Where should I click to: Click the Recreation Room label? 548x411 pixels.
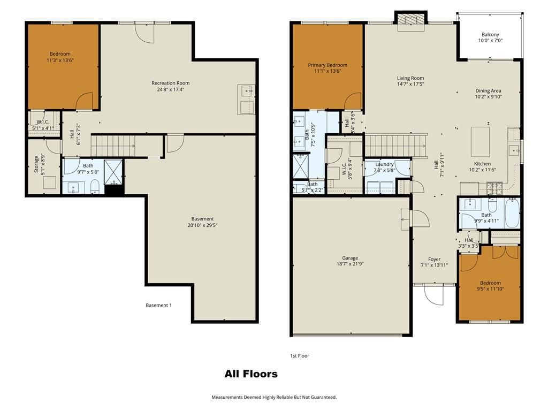point(170,83)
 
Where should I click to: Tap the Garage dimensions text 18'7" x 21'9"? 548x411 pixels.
point(349,264)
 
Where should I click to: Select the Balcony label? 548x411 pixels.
point(490,35)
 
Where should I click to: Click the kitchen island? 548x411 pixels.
point(480,142)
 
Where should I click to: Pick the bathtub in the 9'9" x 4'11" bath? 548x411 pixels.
point(512,213)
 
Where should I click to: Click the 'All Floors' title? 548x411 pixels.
point(251,374)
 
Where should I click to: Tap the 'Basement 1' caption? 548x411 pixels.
point(158,305)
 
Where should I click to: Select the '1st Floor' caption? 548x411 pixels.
point(300,356)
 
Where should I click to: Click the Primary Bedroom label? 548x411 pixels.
point(328,65)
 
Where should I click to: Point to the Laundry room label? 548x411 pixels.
point(384,164)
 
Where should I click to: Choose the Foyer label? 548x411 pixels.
point(435,260)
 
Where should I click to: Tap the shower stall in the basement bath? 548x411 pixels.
point(113,172)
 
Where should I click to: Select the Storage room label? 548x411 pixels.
point(36,165)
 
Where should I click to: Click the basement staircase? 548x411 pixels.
point(113,146)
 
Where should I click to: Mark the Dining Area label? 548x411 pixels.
point(488,90)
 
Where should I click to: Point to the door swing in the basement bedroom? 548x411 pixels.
point(84,101)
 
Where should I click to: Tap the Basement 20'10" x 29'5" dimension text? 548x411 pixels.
point(202,225)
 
